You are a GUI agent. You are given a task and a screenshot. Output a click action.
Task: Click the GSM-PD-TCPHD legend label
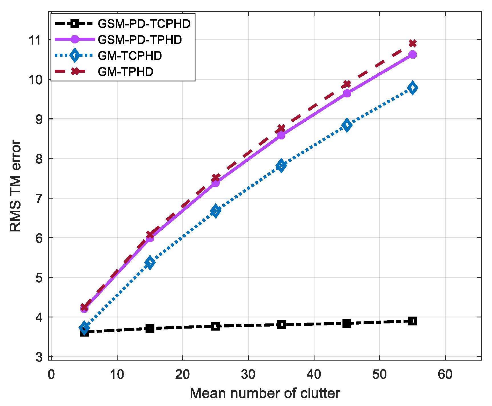(144, 24)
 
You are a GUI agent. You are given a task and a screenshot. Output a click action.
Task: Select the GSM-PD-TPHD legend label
(140, 40)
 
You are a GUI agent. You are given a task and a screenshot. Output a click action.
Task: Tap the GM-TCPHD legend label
(130, 56)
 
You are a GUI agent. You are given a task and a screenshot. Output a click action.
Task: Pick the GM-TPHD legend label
(125, 72)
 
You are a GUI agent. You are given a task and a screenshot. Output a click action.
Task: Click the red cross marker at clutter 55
(412, 43)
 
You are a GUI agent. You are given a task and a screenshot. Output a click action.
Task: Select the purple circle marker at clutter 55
(412, 55)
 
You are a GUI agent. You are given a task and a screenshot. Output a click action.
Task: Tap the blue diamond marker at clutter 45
(347, 125)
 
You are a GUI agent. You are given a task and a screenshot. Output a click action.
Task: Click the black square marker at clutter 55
(412, 321)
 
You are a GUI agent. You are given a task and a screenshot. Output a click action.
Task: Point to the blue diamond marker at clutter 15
(150, 262)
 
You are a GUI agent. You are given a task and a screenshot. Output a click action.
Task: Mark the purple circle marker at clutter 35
(281, 135)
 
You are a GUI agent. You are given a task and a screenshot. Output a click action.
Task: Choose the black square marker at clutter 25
(215, 326)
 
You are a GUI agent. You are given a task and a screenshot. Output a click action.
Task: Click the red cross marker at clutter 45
(347, 84)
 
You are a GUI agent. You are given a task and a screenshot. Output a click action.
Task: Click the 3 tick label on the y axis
(39, 357)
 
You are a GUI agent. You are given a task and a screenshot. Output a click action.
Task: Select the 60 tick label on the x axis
(445, 374)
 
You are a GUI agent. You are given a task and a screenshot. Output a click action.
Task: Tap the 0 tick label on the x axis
(51, 374)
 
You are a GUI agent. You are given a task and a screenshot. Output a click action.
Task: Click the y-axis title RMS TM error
(16, 186)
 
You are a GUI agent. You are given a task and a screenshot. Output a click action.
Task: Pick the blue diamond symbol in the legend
(75, 55)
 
